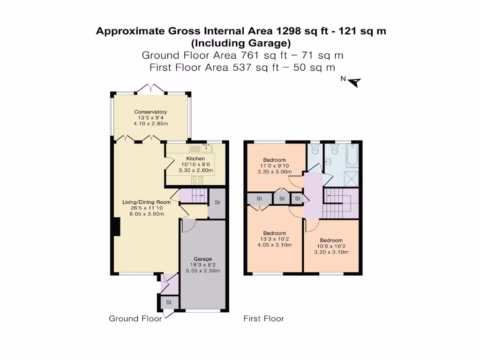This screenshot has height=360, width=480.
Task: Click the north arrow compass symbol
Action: pos(355,82)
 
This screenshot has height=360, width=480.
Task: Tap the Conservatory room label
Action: pos(150,112)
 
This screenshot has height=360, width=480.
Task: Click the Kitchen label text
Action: pos(196,159)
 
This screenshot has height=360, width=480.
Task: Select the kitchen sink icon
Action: pos(206,148)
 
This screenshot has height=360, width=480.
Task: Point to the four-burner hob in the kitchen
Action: pos(196,180)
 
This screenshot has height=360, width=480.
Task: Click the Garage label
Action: pos(203,259)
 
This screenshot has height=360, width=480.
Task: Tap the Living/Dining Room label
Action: pos(143,202)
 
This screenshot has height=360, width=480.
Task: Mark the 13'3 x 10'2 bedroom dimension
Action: pos(274,239)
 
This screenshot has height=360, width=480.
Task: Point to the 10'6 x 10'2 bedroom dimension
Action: pos(331,246)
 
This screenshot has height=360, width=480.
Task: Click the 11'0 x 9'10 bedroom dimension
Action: pos(274,165)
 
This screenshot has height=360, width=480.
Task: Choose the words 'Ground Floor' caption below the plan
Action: pos(135,319)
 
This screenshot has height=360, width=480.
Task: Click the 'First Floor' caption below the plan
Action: pos(263,319)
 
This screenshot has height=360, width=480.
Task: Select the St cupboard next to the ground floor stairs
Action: pos(217,203)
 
